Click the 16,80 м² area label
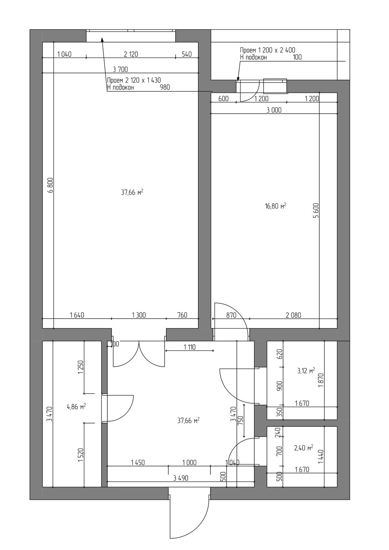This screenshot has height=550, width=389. coord(276,206)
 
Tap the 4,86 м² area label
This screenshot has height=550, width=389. coord(76,407)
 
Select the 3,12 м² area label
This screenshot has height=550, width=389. coord(306,371)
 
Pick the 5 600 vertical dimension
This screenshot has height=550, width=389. coord(316,210)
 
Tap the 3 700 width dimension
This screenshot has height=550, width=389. coord(120,70)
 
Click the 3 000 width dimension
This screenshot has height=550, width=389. coord(274,110)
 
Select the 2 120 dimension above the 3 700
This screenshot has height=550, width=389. coord(131,54)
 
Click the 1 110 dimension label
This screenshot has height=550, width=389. coord(190,347)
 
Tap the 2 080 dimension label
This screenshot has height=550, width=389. coord(293,315)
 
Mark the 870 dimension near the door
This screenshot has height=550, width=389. coord(231,315)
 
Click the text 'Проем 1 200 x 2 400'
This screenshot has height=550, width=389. coord(268,50)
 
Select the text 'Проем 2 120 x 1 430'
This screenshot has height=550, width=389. coord(134,80)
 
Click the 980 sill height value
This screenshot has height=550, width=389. coord(165,87)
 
